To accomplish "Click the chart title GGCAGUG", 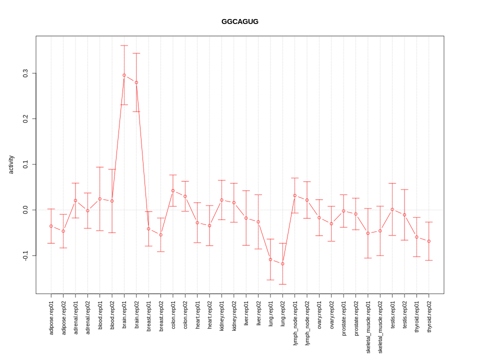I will [x=240, y=21].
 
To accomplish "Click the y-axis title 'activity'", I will [x=11, y=164].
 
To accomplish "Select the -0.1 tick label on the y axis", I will [x=25, y=255].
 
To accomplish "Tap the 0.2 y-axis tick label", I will [x=25, y=118].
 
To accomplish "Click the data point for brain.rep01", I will [x=124, y=75].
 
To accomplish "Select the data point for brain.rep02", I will [x=136, y=82].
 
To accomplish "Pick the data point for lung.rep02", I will [x=282, y=264].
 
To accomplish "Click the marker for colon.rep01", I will [x=173, y=190].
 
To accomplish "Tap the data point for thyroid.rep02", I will [x=429, y=241].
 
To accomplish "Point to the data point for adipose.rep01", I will [x=51, y=226].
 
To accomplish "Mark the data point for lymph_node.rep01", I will [x=295, y=195].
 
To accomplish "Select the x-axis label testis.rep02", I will [x=404, y=317].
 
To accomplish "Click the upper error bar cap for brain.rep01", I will [x=124, y=45].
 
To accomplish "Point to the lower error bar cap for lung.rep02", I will [x=282, y=284].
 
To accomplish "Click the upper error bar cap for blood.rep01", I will [x=100, y=167].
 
